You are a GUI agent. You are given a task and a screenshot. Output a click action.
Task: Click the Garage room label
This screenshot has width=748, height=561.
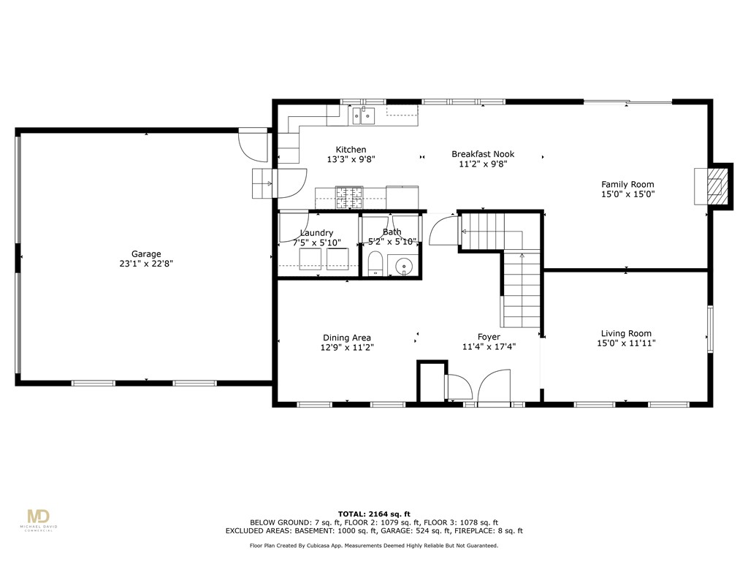pos(146,254)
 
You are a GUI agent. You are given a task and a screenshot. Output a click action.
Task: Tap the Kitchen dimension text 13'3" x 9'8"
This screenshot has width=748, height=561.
pos(351,159)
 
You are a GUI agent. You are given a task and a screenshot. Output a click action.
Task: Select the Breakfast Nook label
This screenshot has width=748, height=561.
pos(483,154)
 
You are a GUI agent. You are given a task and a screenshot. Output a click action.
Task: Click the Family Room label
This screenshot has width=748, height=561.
pos(627,185)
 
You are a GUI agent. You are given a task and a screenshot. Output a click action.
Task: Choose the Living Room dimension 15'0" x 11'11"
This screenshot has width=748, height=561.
pos(627,343)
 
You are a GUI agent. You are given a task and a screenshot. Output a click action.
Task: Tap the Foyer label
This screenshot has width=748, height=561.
pos(489,337)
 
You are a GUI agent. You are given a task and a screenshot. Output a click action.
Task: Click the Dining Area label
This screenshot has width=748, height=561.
pos(347,337)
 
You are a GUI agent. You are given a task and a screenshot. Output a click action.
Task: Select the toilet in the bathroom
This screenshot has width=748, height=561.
pos(375,264)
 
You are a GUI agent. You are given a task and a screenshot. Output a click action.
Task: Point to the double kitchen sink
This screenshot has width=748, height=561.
pos(363,115)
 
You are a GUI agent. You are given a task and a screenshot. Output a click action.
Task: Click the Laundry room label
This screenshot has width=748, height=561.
pos(316,233)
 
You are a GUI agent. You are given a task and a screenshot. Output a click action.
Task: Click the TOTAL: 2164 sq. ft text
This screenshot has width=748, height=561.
pos(374,514)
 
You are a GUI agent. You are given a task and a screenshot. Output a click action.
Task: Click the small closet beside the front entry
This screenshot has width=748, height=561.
pos(431,380)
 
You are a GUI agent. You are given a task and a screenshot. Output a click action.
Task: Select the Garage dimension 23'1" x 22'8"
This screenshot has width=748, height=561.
pos(146,264)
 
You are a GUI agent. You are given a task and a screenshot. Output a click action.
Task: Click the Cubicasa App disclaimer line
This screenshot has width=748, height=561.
pos(374,545)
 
